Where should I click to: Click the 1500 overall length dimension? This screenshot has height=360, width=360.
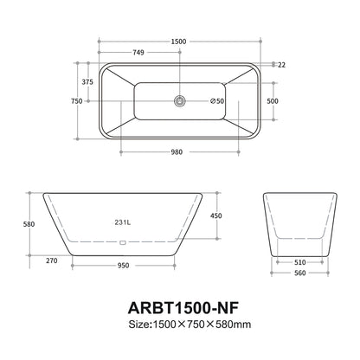coord(180,41)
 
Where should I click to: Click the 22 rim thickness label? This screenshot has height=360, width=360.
coord(282,64)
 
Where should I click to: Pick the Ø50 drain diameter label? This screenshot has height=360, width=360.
coord(215,101)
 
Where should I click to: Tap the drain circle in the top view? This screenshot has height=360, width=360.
coord(180,101)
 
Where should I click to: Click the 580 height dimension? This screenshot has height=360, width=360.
coord(29,224)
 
